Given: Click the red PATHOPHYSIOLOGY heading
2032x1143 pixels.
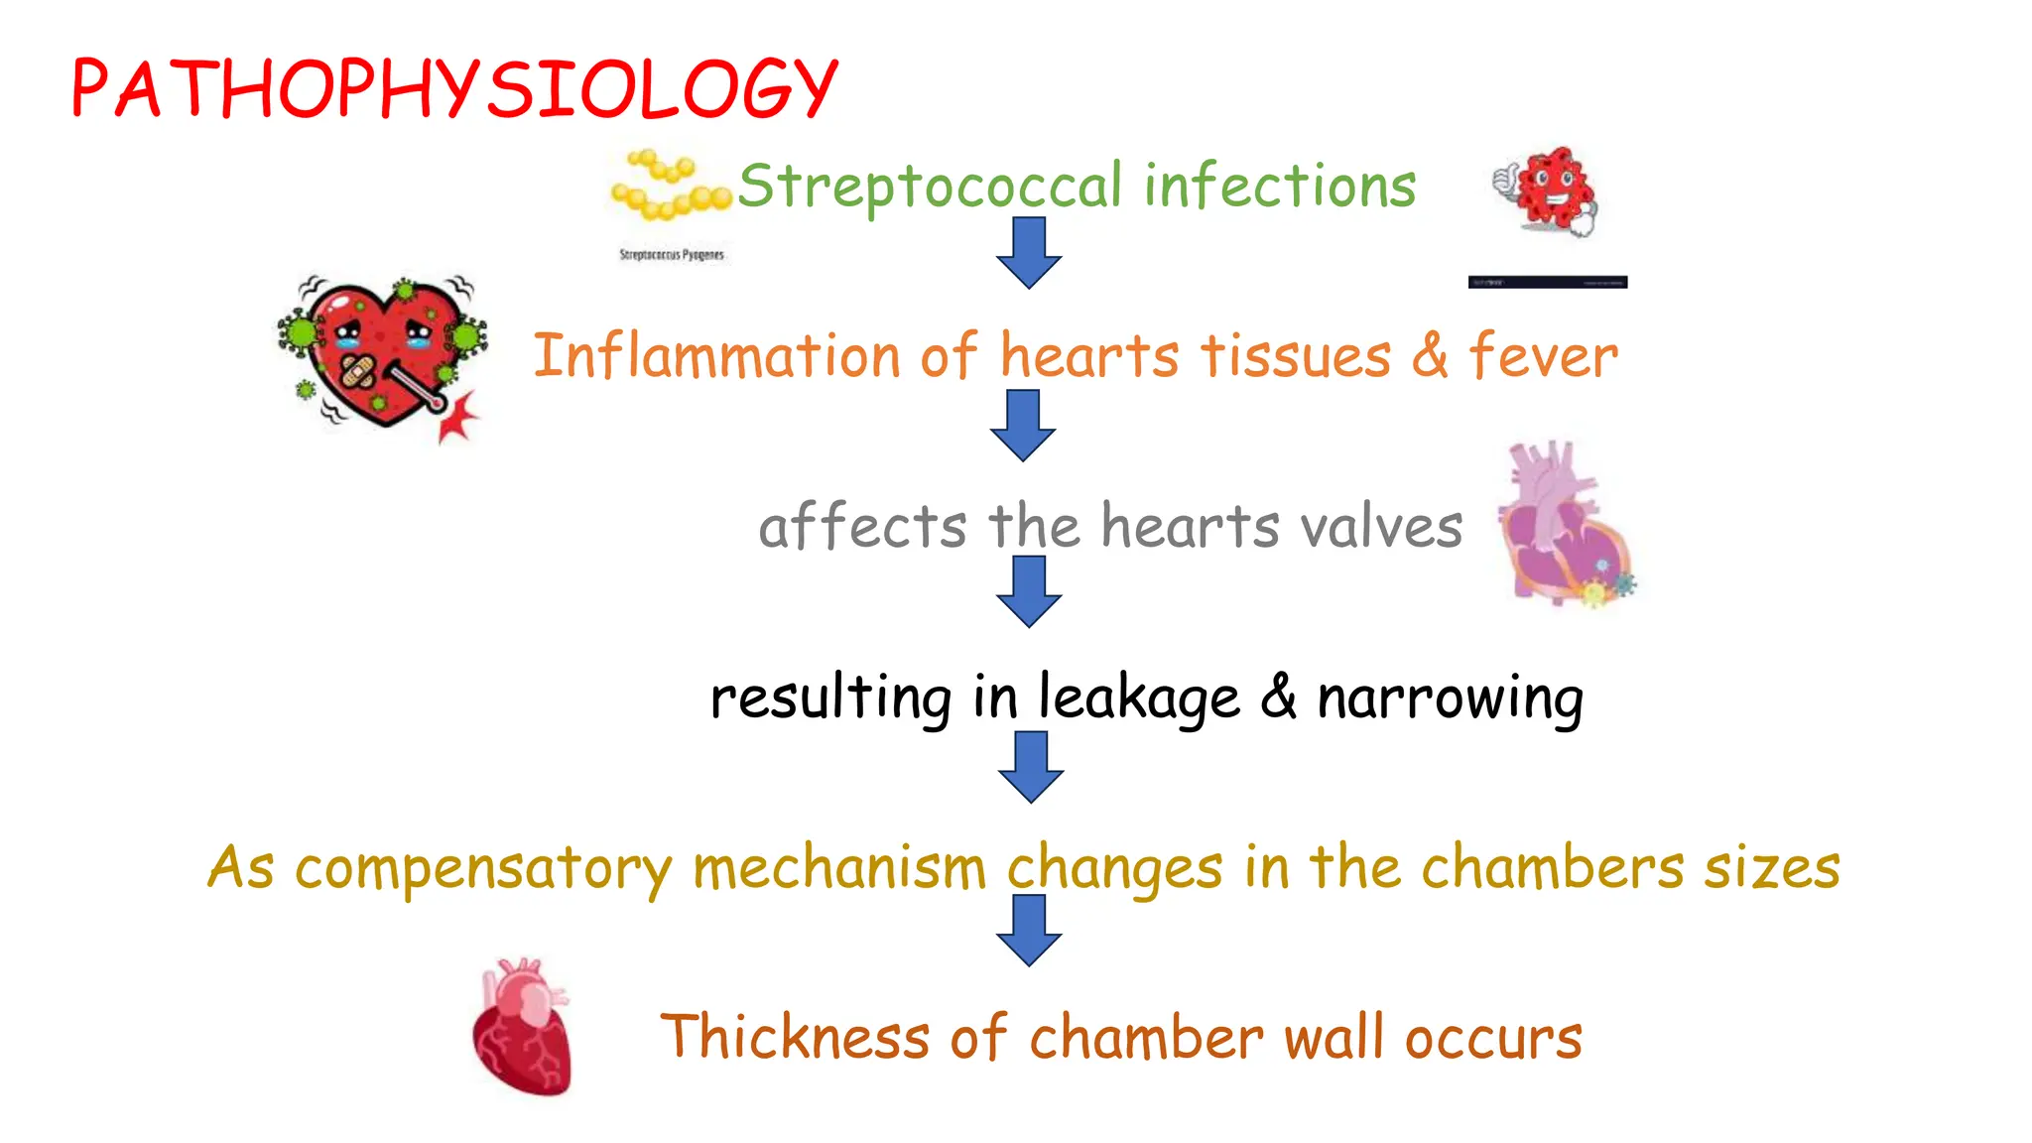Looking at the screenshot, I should pos(454,89).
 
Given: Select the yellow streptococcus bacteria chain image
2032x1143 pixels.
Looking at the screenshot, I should pos(669,186).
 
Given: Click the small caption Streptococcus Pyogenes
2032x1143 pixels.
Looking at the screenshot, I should pos(672,255).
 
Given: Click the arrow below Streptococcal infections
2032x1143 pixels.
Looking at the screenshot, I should pos(1029,253).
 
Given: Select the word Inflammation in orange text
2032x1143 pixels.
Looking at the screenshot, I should pos(714,357).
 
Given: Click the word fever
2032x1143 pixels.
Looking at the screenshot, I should pos(1543,357).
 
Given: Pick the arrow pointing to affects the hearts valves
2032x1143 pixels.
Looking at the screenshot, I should pos(1023,425).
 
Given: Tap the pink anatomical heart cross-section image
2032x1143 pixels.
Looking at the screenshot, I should pos(1565,524).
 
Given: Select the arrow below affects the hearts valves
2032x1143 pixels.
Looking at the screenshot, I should pos(1029,591).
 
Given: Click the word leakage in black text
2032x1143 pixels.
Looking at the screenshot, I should pos(1138,698).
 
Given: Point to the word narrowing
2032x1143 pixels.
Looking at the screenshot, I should pos(1450,698).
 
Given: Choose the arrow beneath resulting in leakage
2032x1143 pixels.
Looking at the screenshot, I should pos(1031,767).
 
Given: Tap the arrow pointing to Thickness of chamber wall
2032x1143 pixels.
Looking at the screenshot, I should pos(1029,931).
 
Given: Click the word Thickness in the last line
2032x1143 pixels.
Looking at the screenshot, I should pos(794,1038).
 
